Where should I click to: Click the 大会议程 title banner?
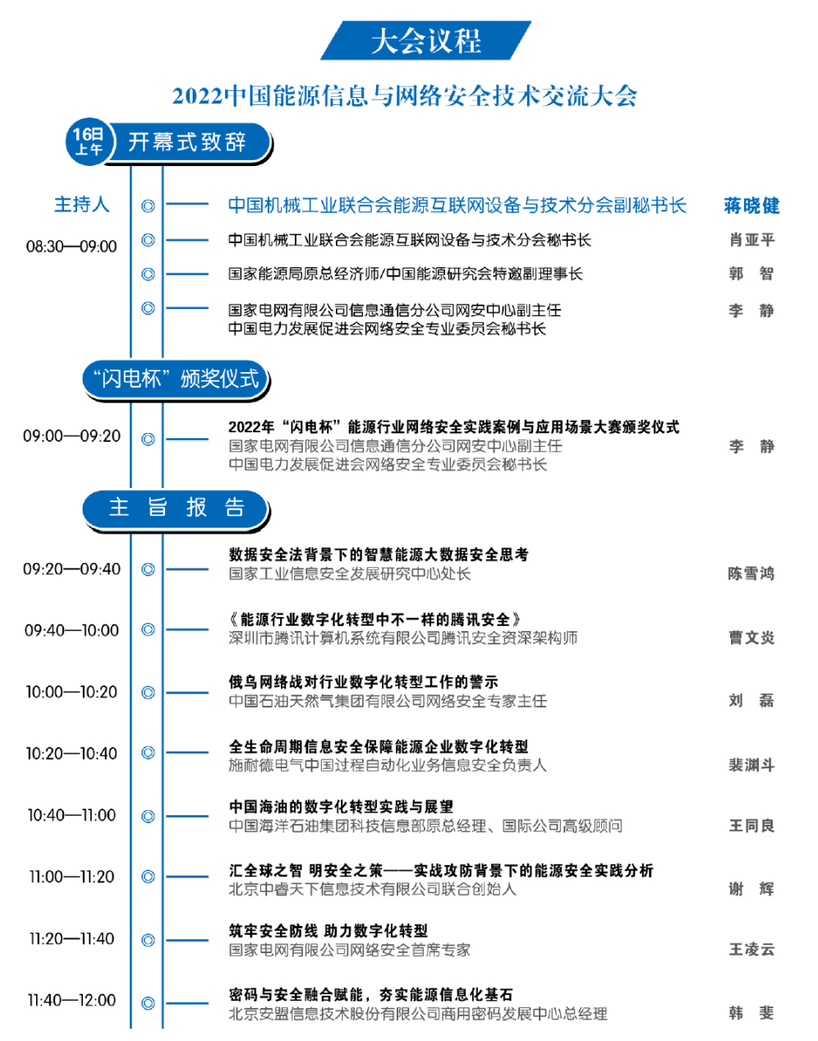coord(425,40)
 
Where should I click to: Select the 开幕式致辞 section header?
coord(188,143)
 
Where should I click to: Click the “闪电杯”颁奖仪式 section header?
coord(176,379)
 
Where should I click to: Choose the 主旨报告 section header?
coord(176,509)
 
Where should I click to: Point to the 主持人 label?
coord(81,205)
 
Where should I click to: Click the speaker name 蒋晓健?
coord(751,205)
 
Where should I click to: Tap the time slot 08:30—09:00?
coord(71,246)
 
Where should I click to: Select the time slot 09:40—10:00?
coord(71,630)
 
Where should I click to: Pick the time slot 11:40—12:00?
coord(71,1001)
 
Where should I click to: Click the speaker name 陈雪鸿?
coord(751,573)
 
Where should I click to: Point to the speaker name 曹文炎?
coord(751,638)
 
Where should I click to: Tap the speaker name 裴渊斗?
coord(751,765)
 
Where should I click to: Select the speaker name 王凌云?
coord(751,950)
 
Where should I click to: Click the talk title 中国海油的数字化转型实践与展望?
coord(341,807)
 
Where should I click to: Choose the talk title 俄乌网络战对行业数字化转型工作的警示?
coord(363,682)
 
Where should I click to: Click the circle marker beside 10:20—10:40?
coord(148,753)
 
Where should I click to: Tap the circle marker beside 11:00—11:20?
coord(148,877)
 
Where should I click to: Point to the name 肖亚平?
coord(751,240)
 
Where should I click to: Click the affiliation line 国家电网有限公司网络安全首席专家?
coord(349,950)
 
